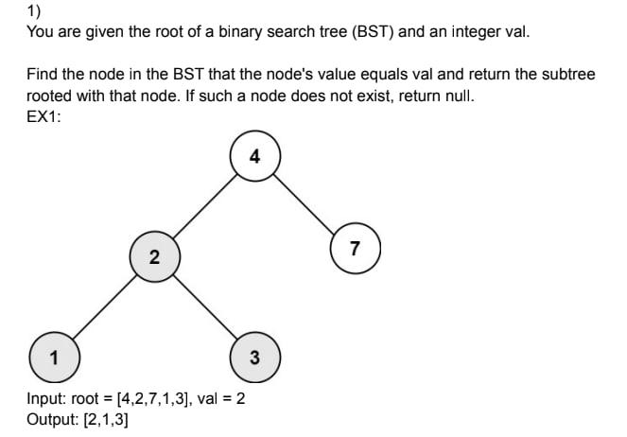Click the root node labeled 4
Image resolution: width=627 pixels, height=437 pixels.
click(254, 157)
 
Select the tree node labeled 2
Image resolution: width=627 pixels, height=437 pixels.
click(153, 256)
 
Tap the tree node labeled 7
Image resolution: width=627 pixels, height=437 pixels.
click(355, 250)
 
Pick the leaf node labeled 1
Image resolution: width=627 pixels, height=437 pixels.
click(53, 357)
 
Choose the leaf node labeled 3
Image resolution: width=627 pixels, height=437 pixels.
click(254, 357)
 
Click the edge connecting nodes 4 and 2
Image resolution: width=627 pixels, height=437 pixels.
click(204, 206)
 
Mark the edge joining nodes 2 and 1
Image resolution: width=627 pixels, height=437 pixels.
click(103, 306)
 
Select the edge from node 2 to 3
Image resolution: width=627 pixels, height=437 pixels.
click(203, 306)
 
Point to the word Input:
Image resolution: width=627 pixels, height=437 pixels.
click(47, 399)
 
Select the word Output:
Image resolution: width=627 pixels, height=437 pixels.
click(53, 419)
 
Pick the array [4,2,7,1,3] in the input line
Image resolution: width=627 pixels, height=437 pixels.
click(148, 399)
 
